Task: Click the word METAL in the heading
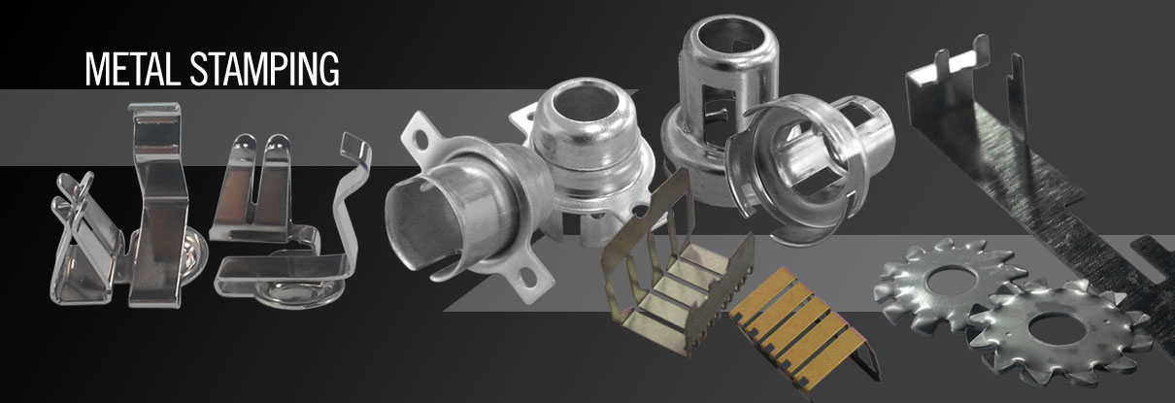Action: tap(133, 69)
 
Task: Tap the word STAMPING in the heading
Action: tap(265, 69)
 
